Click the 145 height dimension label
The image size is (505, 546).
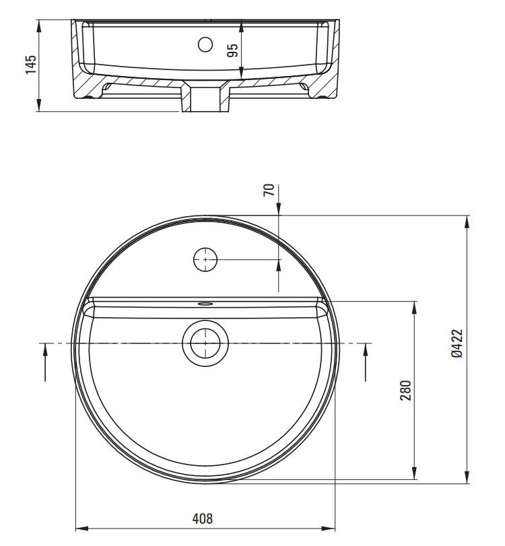click(x=31, y=64)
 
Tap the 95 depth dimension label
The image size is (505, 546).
click(x=232, y=50)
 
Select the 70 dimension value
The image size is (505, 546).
click(x=269, y=190)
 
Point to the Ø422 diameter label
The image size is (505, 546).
click(x=457, y=343)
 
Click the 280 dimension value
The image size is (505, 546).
click(x=406, y=390)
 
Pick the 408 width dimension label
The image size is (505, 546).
click(x=203, y=519)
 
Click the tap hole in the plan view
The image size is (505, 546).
click(x=205, y=259)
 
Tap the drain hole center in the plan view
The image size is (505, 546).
click(x=205, y=343)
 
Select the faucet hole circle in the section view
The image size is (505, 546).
click(x=205, y=44)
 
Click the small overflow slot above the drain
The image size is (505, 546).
click(x=205, y=304)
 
